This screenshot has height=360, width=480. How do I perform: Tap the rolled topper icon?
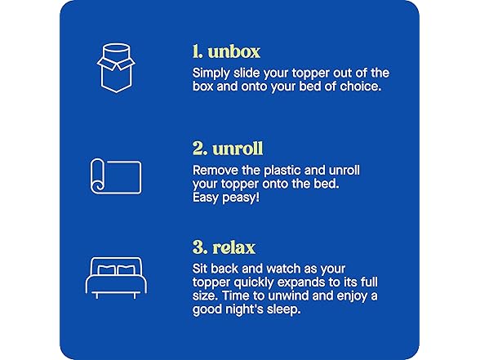click(x=114, y=176)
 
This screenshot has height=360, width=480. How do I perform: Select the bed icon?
click(x=114, y=275)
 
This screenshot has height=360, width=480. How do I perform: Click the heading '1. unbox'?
click(x=226, y=51)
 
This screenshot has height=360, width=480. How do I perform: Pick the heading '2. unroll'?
click(x=228, y=149)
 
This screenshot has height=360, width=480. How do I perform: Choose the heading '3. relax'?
click(x=224, y=247)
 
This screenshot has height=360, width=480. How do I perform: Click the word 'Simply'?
click(x=211, y=73)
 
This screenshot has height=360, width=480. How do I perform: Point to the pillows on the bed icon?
click(x=115, y=269)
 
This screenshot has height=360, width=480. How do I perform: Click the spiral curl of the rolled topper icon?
click(x=96, y=185)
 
